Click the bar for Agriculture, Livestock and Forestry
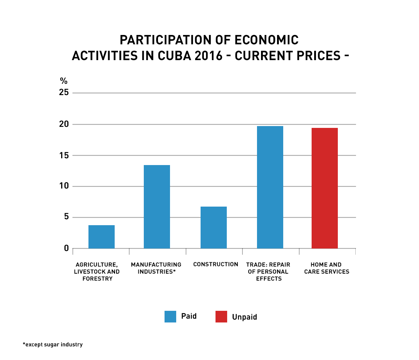102,237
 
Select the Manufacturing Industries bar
157,207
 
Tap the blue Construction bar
214,227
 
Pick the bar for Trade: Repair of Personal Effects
270,187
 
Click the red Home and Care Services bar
325,188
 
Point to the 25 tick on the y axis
64,93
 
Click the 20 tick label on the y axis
64,124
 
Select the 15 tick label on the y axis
64,155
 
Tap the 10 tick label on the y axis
64,186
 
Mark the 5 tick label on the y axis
66,218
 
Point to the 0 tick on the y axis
66,249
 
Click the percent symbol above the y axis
64,81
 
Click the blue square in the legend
170,317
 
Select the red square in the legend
221,317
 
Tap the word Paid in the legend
189,316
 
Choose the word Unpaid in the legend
245,317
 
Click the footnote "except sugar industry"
53,344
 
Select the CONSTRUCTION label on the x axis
216,264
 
